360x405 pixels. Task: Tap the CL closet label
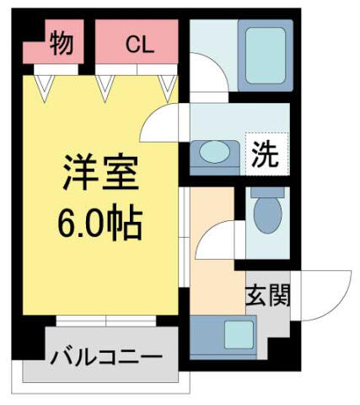[x=140, y=46]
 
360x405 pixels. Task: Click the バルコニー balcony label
[x=106, y=358]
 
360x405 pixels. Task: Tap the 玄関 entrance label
[x=267, y=295]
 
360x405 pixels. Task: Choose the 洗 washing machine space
[x=267, y=154]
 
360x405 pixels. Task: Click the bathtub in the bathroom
[x=266, y=56]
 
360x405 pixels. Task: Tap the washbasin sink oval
[x=214, y=152]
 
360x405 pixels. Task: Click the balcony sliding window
[x=106, y=321]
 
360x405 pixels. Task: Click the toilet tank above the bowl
[x=267, y=192]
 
